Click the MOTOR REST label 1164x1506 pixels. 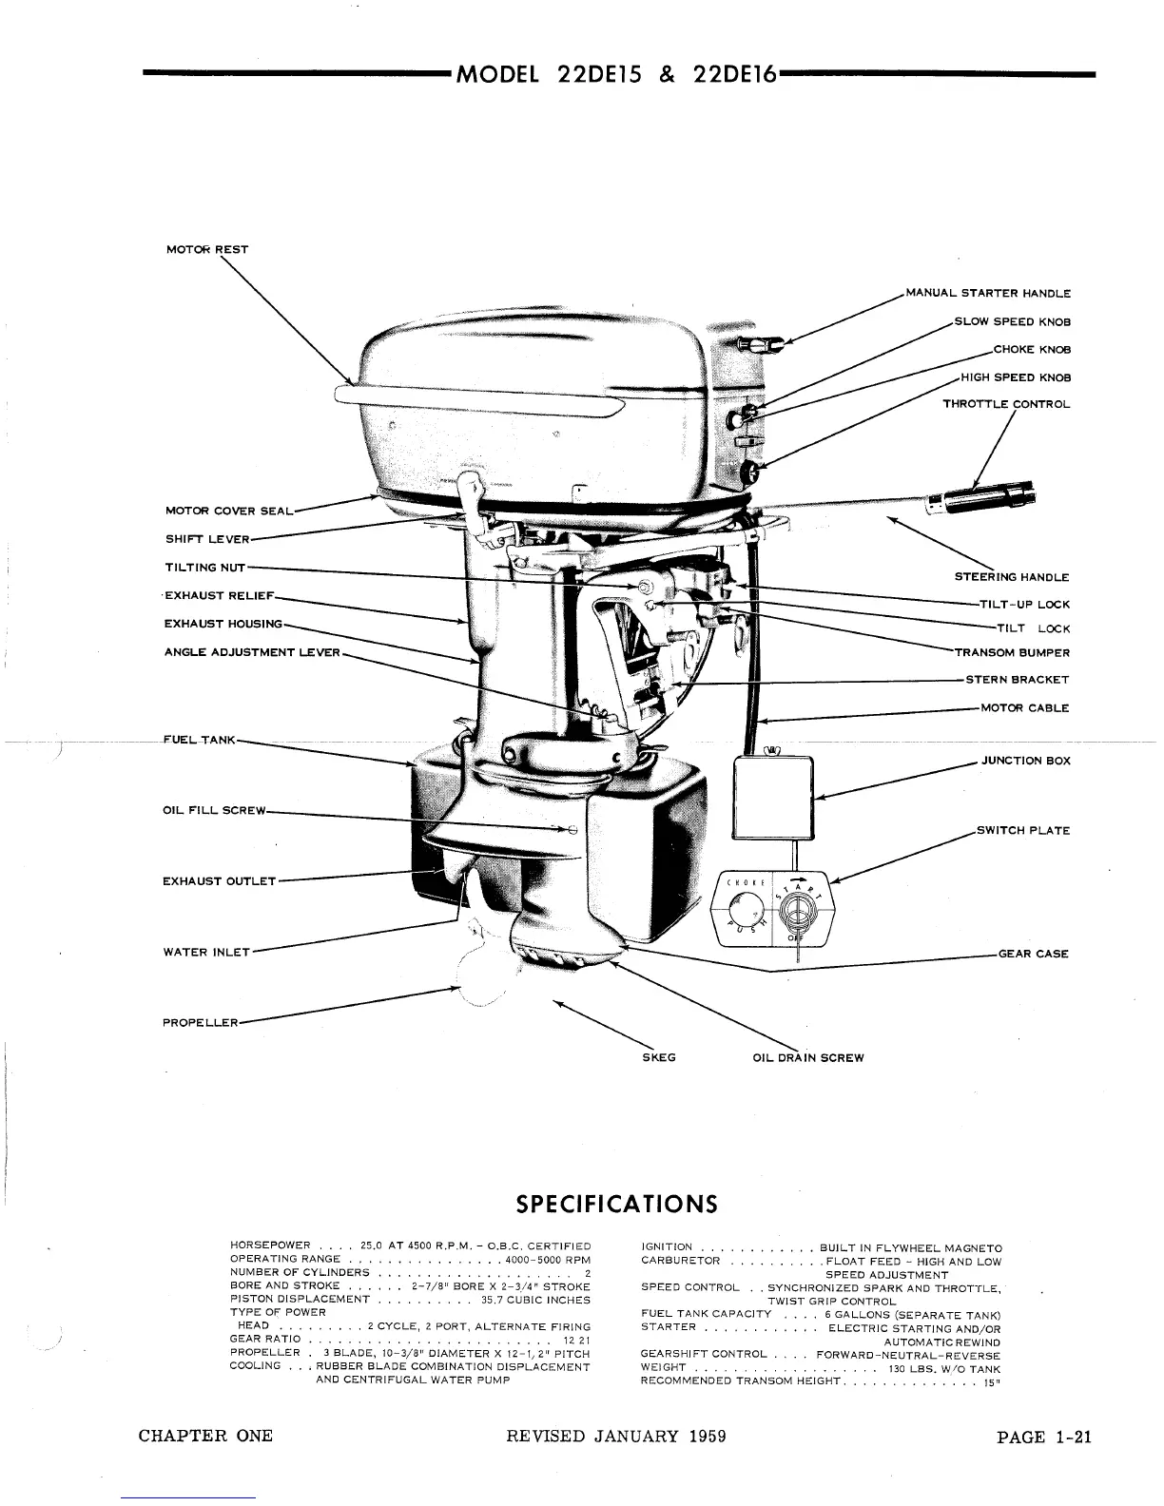pyautogui.click(x=206, y=250)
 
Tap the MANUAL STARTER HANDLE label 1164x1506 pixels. pyautogui.click(x=988, y=294)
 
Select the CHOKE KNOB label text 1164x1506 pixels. pyautogui.click(x=1032, y=349)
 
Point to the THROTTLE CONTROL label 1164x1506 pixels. pyautogui.click(x=1006, y=404)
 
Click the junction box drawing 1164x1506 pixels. pyautogui.click(x=773, y=797)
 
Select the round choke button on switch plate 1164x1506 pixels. pyautogui.click(x=743, y=913)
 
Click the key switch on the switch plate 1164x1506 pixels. pyautogui.click(x=798, y=913)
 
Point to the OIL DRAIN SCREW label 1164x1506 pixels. pyautogui.click(x=807, y=1057)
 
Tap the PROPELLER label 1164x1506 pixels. pyautogui.click(x=200, y=1023)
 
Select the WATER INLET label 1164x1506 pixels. pyautogui.click(x=205, y=952)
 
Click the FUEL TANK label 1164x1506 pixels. pyautogui.click(x=199, y=739)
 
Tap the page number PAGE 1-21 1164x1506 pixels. pyautogui.click(x=1043, y=1437)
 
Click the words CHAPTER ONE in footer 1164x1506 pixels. pyautogui.click(x=205, y=1437)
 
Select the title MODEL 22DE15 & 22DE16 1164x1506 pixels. pyautogui.click(x=617, y=74)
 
